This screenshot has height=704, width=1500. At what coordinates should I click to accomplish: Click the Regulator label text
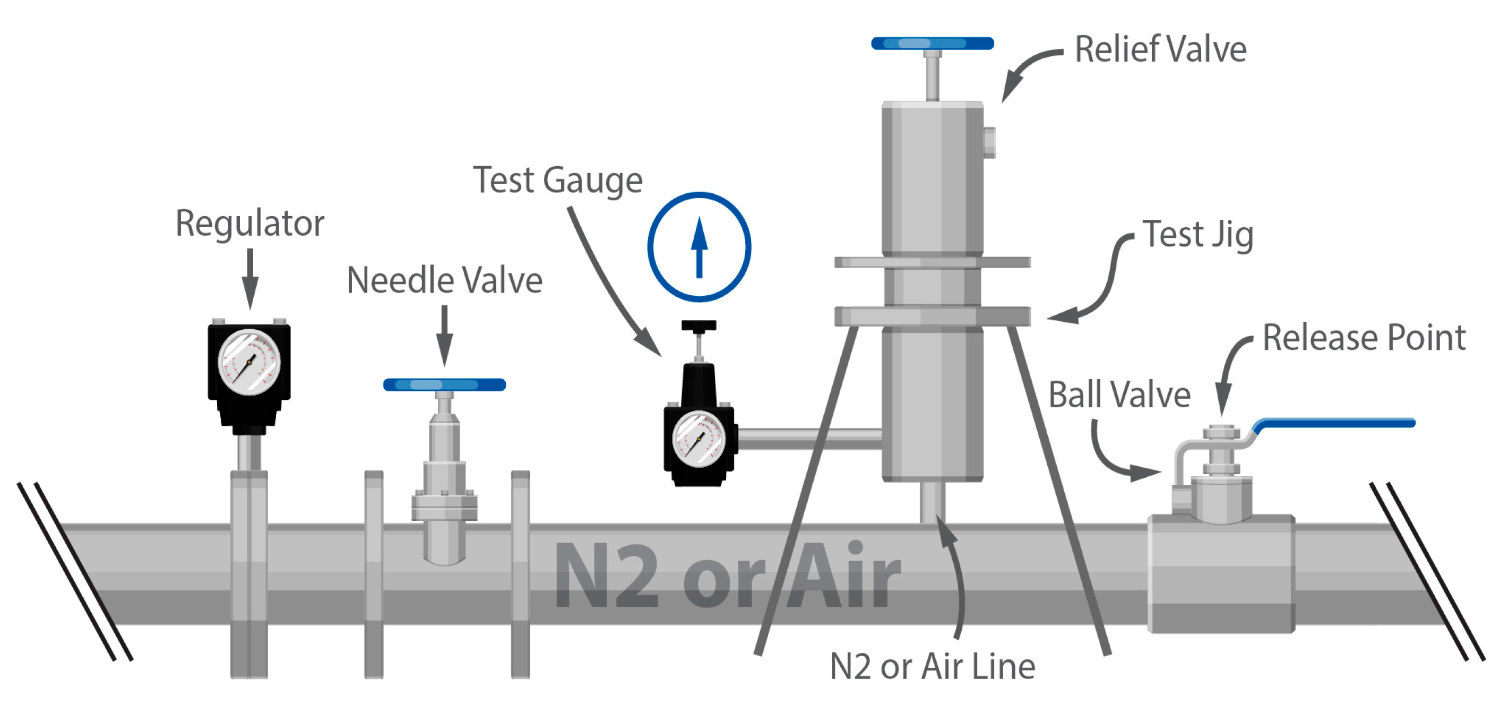tap(249, 224)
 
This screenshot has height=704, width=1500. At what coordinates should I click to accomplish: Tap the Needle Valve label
tap(444, 281)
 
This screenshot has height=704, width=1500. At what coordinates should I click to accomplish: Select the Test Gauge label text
tap(557, 180)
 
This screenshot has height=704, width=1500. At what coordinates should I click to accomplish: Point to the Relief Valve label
tap(1160, 49)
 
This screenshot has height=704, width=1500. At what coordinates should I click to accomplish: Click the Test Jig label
tap(1198, 235)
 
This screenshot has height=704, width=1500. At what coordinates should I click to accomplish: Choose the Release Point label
tap(1363, 338)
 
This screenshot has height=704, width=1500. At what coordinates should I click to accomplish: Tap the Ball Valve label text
tap(1118, 395)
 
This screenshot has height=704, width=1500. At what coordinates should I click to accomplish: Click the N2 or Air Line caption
tap(932, 666)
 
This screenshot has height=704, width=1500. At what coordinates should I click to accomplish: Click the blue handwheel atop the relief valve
tap(932, 44)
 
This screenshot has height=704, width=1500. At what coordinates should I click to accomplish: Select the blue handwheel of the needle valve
tap(444, 385)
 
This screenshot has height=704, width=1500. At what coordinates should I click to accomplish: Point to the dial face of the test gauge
tap(698, 439)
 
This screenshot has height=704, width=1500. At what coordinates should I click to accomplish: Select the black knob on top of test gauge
tap(698, 325)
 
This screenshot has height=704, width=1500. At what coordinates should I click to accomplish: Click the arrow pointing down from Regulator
tap(250, 278)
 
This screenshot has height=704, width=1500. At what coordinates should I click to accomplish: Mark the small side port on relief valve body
tap(989, 143)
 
